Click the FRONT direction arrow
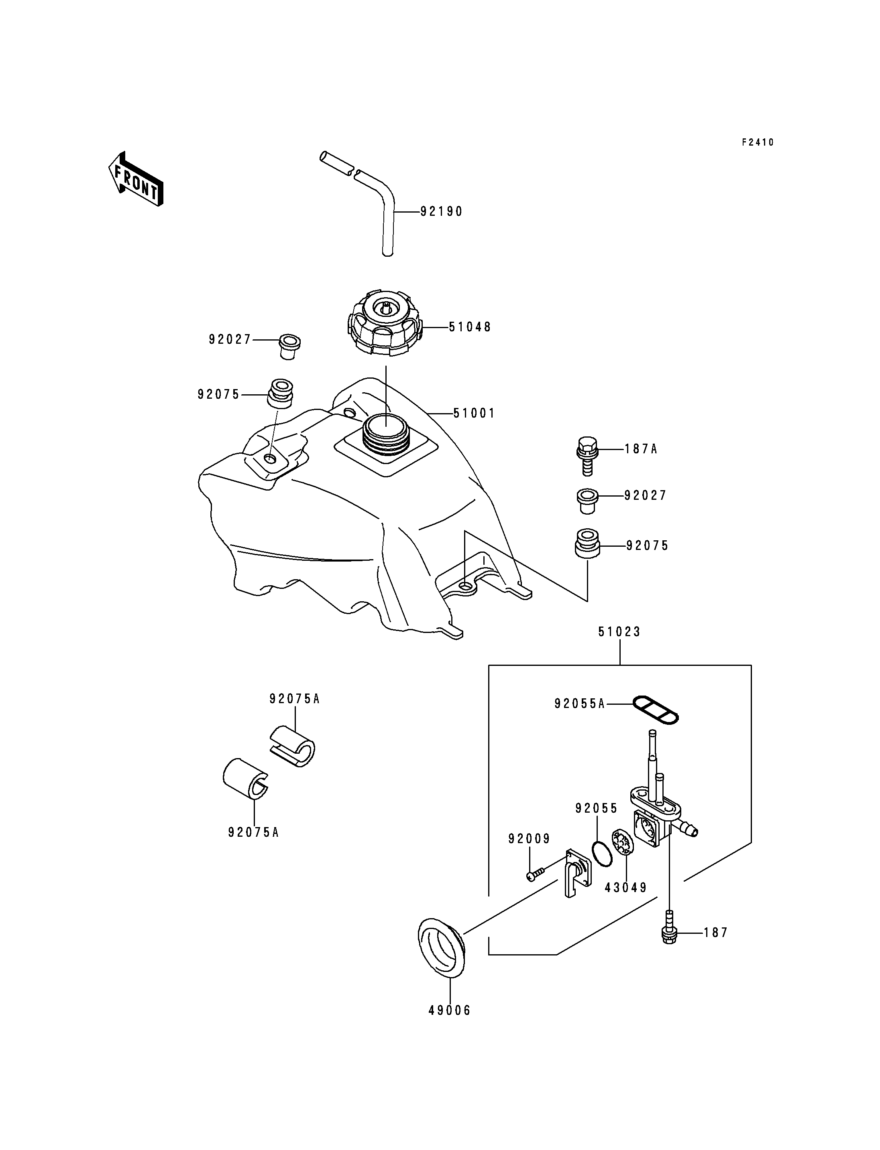click(136, 178)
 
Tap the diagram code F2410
click(758, 142)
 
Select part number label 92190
click(442, 211)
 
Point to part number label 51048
click(470, 327)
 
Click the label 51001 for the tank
click(474, 414)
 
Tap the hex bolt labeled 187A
click(587, 455)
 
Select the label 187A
click(641, 449)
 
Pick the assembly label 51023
click(620, 632)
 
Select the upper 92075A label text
click(294, 699)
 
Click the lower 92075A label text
click(254, 832)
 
